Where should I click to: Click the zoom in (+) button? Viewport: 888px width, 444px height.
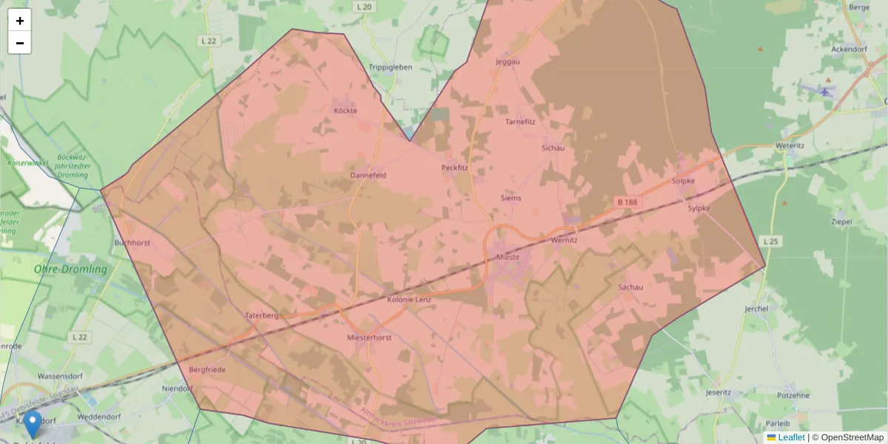coord(20,21)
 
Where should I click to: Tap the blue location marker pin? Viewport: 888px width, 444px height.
coord(33,425)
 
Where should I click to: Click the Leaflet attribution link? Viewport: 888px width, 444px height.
coord(790,437)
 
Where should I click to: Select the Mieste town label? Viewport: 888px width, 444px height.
coord(508,257)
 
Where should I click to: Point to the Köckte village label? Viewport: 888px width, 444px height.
coord(345,111)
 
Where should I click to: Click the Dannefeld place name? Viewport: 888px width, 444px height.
coord(368,175)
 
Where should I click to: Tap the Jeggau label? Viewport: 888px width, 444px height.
coord(508,61)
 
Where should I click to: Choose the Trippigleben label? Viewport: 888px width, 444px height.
coord(390,67)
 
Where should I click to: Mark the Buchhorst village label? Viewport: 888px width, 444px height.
coord(132,242)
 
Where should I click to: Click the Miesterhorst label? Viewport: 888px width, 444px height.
coord(369,337)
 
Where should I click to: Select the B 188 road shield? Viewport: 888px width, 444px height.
coord(627,201)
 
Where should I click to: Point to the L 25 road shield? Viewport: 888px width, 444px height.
coord(771,241)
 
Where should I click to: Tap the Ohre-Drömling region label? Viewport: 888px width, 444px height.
coord(70,269)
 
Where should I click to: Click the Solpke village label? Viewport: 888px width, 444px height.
coord(683,181)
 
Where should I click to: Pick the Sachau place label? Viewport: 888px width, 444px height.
coord(630,286)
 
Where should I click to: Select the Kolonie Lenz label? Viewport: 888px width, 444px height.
coord(409,300)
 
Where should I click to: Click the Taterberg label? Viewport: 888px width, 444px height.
coord(261,315)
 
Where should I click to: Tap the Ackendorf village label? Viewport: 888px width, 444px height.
coord(849,49)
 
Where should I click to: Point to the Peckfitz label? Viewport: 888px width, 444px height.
coord(455,168)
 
